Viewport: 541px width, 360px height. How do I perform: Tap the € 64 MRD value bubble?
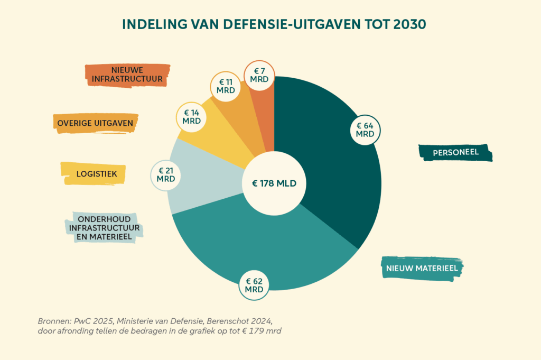click(x=365, y=130)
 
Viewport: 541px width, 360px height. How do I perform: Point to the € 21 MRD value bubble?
click(x=166, y=175)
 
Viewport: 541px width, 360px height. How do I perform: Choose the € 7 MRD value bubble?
click(x=259, y=75)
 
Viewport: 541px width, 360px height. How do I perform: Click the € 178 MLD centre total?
click(x=274, y=184)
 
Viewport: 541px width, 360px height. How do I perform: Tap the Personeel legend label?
click(x=455, y=152)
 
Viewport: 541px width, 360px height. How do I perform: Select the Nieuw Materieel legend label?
click(x=421, y=269)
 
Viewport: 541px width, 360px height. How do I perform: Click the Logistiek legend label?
click(x=93, y=173)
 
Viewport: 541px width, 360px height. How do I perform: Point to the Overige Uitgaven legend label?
click(x=95, y=123)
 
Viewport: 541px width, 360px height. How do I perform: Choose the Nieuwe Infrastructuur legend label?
click(x=127, y=75)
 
